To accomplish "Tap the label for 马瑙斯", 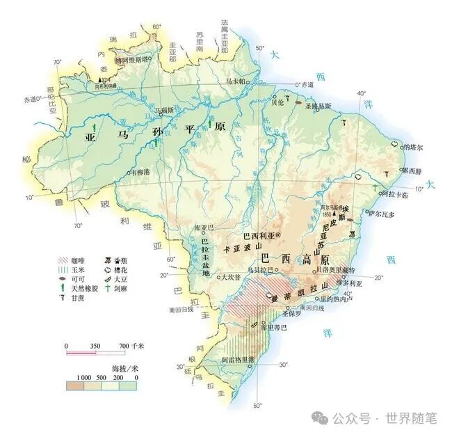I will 163,110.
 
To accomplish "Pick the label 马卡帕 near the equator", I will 237,81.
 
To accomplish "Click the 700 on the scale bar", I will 124,346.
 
